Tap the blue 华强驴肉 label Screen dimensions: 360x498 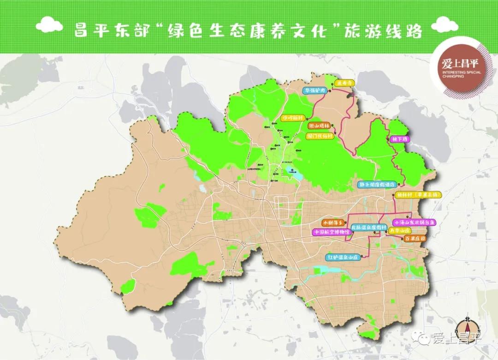(315, 91)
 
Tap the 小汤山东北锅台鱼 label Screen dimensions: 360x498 (414, 222)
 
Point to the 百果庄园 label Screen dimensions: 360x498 (414, 239)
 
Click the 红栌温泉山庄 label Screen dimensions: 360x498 (343, 257)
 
